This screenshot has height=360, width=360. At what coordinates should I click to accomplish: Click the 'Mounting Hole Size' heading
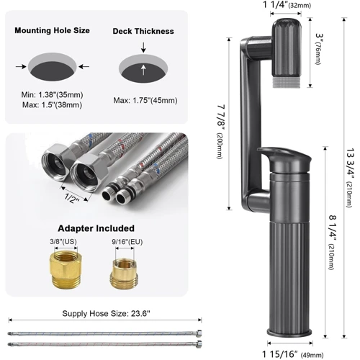[52, 30]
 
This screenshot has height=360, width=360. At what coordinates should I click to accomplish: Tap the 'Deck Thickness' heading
[143, 31]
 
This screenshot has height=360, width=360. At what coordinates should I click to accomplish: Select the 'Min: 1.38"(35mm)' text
[52, 95]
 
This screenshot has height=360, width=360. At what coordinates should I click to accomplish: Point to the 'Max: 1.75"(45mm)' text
[145, 100]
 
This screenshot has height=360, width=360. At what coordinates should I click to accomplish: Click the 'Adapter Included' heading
[96, 228]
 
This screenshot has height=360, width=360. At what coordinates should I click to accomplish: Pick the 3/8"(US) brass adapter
[66, 268]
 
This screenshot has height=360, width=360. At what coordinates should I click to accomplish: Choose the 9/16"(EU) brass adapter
[125, 273]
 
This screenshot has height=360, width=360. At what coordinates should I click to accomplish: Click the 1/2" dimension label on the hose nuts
[72, 198]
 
